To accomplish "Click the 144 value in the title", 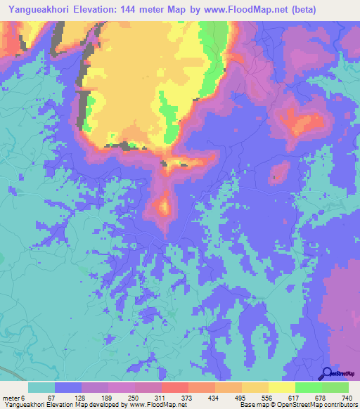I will [131, 10].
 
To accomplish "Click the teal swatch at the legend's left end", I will [41, 387].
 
